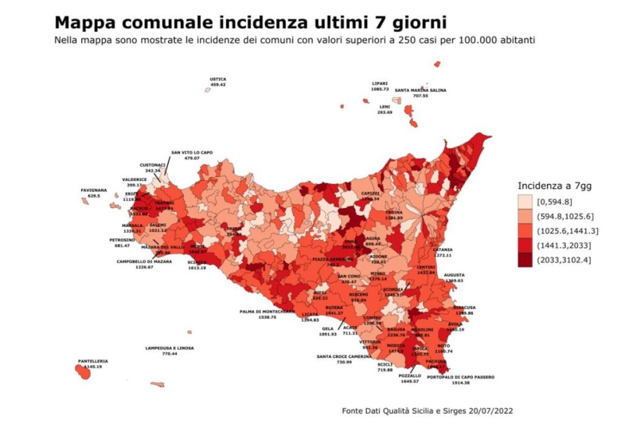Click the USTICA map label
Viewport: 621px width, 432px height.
pos(218,79)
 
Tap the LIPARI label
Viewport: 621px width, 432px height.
pos(379,83)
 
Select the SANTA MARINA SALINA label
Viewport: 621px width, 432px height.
pos(420,90)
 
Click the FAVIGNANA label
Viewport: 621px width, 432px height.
pos(93,190)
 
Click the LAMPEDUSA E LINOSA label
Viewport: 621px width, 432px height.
pos(170,348)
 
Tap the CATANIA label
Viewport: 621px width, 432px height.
pos(442,250)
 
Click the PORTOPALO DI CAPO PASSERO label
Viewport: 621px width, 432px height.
pos(461,377)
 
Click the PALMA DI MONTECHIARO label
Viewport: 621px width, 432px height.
pos(267,311)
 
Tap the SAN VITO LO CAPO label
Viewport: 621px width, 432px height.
pos(192,152)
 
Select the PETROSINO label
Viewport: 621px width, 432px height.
pos(122,240)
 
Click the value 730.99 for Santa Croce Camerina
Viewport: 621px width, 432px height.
pos(344,362)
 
